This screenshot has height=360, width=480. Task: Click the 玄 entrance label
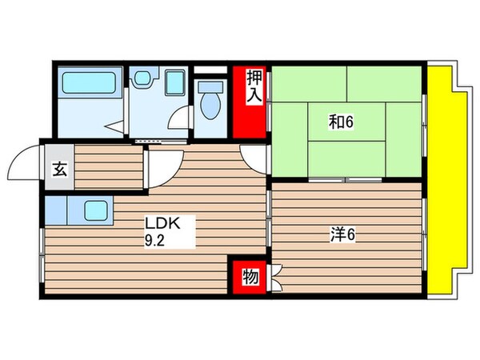coord(59,169)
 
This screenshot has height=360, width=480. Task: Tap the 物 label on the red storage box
coord(250,277)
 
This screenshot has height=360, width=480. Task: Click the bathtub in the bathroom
coord(90,83)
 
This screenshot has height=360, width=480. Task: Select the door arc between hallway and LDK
coord(162,164)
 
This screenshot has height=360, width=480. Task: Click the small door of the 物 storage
coord(274,278)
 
